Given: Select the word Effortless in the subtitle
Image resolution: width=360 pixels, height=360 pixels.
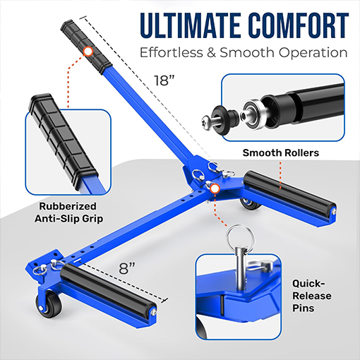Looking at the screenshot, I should (172, 53).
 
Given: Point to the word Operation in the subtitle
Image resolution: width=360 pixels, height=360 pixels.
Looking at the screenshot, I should (311, 53).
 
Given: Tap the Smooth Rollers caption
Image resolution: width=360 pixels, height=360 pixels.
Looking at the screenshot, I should (281, 152).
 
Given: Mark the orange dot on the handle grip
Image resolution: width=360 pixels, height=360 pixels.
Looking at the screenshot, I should (88, 51).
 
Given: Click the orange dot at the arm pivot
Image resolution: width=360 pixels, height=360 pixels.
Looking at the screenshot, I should (215, 189).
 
